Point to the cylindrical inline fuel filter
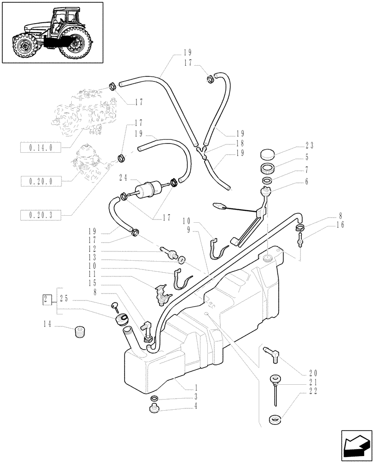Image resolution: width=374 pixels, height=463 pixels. [x=146, y=190]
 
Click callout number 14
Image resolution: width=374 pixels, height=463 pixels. [x=47, y=325]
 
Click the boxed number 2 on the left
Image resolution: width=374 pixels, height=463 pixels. [x=46, y=299]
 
